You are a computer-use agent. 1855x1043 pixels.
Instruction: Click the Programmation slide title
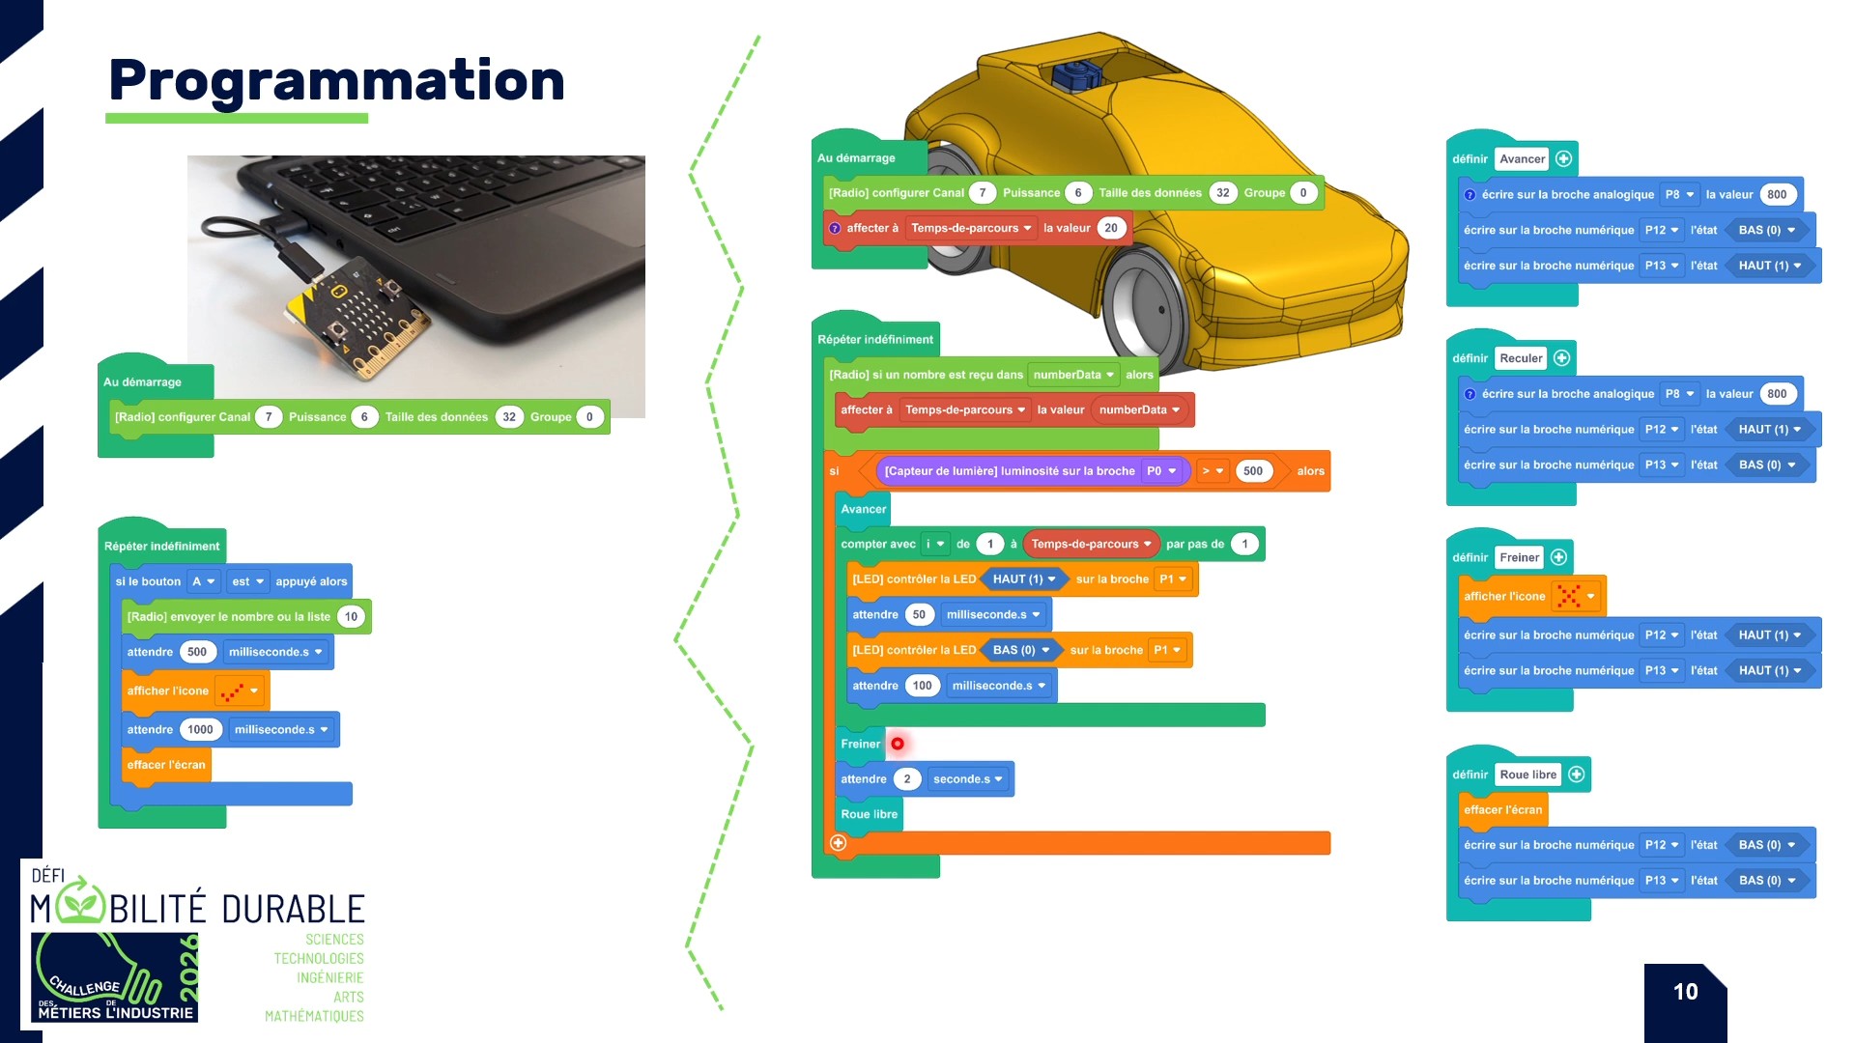336,80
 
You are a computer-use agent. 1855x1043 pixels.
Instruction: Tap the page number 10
1685,992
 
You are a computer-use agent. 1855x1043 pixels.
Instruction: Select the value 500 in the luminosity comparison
1252,471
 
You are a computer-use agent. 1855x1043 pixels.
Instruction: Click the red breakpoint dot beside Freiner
898,744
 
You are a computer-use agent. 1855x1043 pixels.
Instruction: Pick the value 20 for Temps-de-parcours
1111,228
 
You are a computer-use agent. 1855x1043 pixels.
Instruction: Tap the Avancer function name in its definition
1522,159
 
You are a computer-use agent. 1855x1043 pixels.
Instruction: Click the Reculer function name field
1521,358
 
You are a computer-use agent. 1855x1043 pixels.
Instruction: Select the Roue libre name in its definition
1527,775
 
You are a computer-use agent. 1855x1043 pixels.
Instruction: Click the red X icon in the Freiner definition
1569,596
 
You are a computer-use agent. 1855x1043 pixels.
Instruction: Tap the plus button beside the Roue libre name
1577,775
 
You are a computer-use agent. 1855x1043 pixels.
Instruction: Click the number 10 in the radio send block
351,617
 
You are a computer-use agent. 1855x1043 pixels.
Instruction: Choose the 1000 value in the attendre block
200,730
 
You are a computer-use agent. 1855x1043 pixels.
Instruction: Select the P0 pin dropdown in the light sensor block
1161,471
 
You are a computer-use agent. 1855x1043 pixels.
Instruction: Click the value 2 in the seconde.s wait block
906,779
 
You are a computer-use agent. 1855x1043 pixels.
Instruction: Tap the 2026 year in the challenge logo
189,968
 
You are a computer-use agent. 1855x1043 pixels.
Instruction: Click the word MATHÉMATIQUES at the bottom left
314,1016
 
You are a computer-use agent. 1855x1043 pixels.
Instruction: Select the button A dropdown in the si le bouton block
203,581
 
